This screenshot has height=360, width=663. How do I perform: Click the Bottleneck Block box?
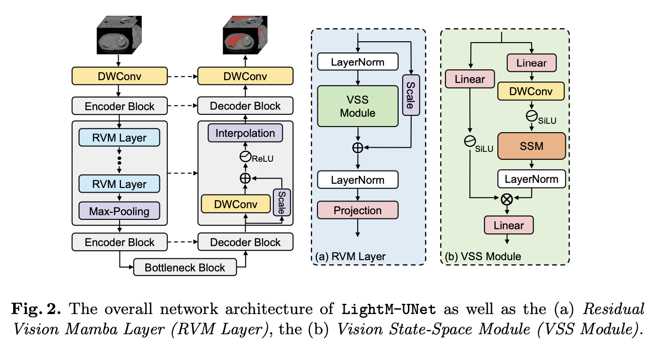coord(185,268)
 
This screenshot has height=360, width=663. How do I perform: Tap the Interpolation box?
coord(245,133)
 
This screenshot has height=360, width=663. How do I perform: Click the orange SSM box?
coord(531,146)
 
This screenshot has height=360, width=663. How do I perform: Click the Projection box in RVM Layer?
coord(358,210)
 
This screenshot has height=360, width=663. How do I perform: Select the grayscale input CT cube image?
coord(119,37)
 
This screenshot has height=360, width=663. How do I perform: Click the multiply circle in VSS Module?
coord(506,199)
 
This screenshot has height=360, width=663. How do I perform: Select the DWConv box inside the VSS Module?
coord(531,90)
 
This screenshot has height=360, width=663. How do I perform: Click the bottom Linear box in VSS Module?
coord(509,225)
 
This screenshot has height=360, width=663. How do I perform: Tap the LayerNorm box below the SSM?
coord(531,179)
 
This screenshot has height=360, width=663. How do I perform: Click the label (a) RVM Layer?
coord(350,256)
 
